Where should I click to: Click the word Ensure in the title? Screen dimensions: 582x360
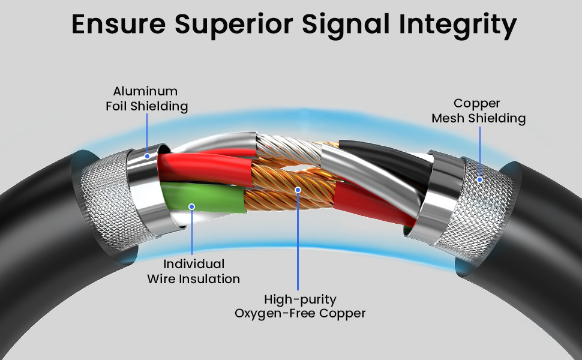(118, 24)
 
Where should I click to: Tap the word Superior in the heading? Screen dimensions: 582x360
(234, 25)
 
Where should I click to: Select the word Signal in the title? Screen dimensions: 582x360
(346, 25)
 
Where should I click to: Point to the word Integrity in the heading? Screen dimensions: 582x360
(458, 25)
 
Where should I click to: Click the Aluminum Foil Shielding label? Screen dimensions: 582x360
(146, 99)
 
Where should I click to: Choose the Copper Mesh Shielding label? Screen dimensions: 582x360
(478, 110)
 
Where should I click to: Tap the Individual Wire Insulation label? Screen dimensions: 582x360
(193, 271)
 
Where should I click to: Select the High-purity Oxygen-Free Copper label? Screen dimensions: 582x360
(300, 306)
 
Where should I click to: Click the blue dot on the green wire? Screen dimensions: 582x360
(191, 206)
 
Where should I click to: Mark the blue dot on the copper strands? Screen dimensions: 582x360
(298, 190)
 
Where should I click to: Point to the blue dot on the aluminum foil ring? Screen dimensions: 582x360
(148, 156)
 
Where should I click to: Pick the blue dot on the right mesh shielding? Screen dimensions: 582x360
(479, 179)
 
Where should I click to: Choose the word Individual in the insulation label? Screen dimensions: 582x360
(194, 264)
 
